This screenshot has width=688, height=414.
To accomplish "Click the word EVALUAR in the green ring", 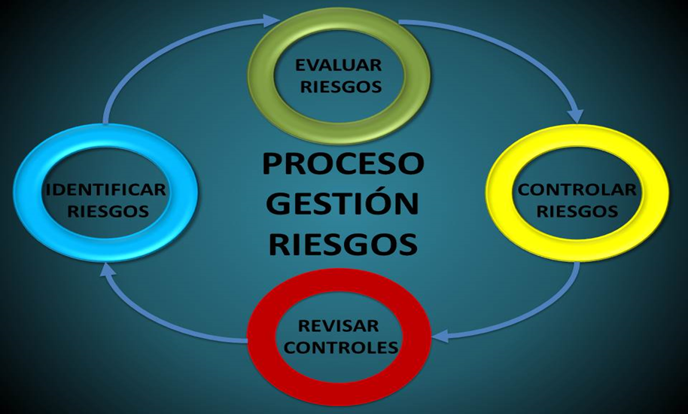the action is click(x=338, y=65).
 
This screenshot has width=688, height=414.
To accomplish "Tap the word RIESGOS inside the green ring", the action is click(x=340, y=87).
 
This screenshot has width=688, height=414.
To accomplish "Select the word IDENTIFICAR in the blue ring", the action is click(x=106, y=190).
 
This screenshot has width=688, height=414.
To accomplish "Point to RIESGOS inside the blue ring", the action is click(x=108, y=212).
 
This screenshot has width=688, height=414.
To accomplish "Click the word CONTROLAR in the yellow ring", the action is click(x=577, y=190).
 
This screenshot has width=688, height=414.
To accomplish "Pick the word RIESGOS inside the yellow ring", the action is click(x=577, y=212).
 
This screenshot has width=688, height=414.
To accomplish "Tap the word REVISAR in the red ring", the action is click(x=338, y=326).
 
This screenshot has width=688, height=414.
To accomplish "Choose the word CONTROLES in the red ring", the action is click(x=341, y=347).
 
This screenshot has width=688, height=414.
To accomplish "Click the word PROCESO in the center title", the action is click(x=343, y=163).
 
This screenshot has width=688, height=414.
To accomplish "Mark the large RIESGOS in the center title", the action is click(x=342, y=244).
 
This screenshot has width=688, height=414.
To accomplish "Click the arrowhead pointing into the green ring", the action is click(x=271, y=20).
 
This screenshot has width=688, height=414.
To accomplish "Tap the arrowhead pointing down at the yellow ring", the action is click(x=575, y=116).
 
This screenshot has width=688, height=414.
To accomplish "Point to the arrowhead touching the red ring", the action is click(x=440, y=336).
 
